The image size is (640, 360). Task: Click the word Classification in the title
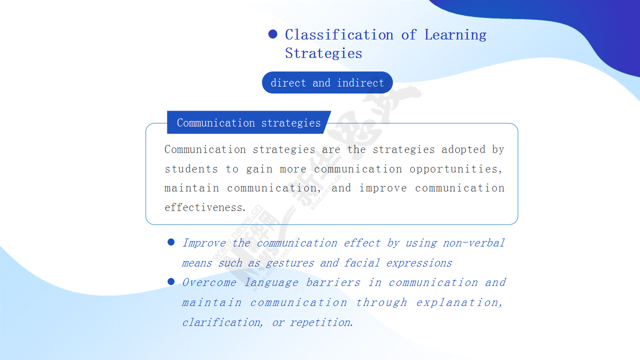pyautogui.click(x=339, y=35)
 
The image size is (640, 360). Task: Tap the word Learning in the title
pyautogui.click(x=455, y=35)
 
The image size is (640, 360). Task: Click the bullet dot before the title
pyautogui.click(x=273, y=34)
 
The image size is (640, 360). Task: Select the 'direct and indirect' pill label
pyautogui.click(x=327, y=82)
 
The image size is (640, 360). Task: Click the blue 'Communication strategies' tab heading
pyautogui.click(x=248, y=122)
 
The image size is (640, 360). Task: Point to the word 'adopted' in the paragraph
pyautogui.click(x=463, y=149)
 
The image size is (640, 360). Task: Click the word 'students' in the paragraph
pyautogui.click(x=191, y=169)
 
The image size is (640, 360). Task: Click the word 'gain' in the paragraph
pyautogui.click(x=259, y=169)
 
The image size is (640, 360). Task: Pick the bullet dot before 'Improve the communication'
pyautogui.click(x=171, y=242)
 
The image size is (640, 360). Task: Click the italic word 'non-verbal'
pyautogui.click(x=473, y=243)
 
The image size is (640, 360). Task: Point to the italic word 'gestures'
pyautogui.click(x=289, y=263)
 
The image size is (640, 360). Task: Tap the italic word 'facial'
pyautogui.click(x=361, y=262)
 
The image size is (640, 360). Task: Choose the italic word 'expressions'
pyautogui.click(x=419, y=263)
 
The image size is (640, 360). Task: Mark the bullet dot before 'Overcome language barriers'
pyautogui.click(x=171, y=281)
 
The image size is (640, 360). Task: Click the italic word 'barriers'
pyautogui.click(x=333, y=282)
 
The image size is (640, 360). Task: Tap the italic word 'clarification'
pyautogui.click(x=221, y=322)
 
